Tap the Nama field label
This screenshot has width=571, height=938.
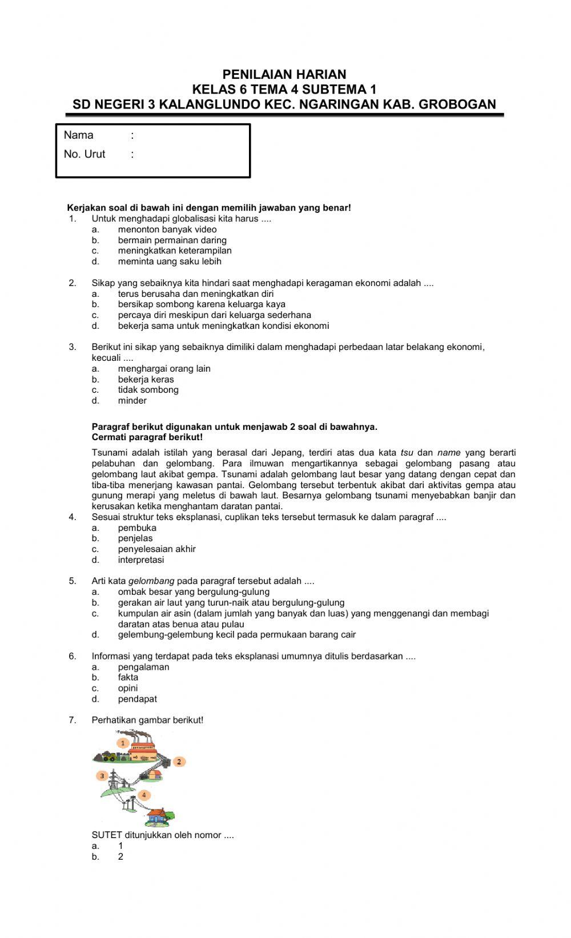pyautogui.click(x=78, y=135)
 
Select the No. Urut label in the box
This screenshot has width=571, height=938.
pyautogui.click(x=85, y=154)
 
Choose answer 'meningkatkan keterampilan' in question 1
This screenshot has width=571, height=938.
pyautogui.click(x=175, y=251)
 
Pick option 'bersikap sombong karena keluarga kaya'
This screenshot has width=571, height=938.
pyautogui.click(x=202, y=304)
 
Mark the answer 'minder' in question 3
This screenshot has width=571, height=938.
pyautogui.click(x=132, y=401)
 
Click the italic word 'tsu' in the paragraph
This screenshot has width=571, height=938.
pyautogui.click(x=407, y=453)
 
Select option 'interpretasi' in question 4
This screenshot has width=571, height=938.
pyautogui.click(x=141, y=560)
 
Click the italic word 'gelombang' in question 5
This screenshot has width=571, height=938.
pyautogui.click(x=151, y=581)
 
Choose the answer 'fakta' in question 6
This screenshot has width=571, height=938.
pyautogui.click(x=128, y=678)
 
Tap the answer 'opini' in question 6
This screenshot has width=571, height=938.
pyautogui.click(x=128, y=689)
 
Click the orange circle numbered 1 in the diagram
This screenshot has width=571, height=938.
pyautogui.click(x=122, y=743)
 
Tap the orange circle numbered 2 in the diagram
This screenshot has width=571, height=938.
pyautogui.click(x=179, y=762)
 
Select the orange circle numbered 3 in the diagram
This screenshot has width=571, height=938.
pyautogui.click(x=102, y=776)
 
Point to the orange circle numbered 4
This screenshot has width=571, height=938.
pyautogui.click(x=144, y=795)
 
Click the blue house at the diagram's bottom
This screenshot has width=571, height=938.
pyautogui.click(x=162, y=817)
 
